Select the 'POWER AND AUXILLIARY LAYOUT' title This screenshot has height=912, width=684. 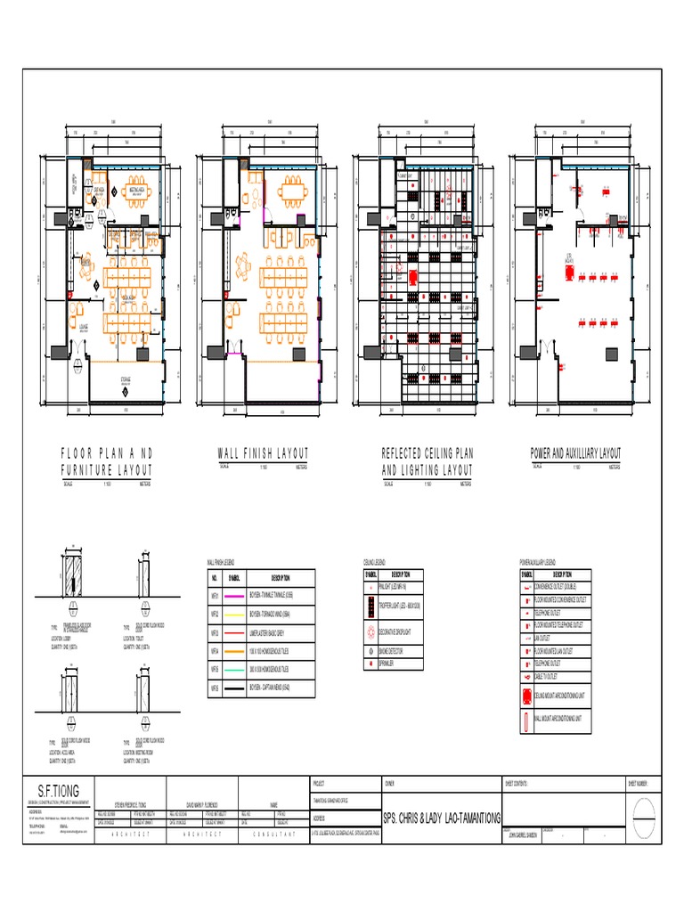point(576,454)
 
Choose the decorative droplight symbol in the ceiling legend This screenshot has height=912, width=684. point(370,632)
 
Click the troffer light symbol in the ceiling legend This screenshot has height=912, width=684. point(370,609)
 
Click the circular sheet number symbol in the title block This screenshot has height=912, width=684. point(642,813)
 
